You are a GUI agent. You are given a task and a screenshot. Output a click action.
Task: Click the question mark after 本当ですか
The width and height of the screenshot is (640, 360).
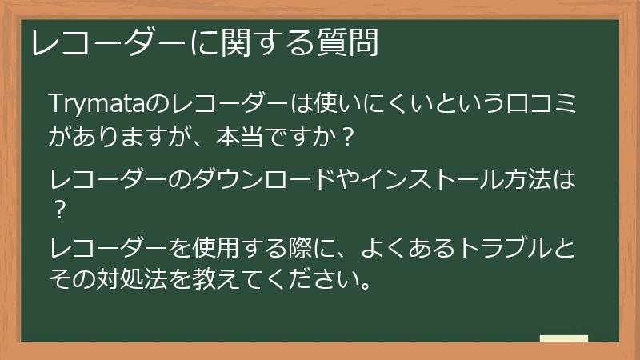pos(346,138)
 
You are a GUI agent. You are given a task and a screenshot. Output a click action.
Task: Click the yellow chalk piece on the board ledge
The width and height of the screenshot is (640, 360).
pos(563,338)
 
